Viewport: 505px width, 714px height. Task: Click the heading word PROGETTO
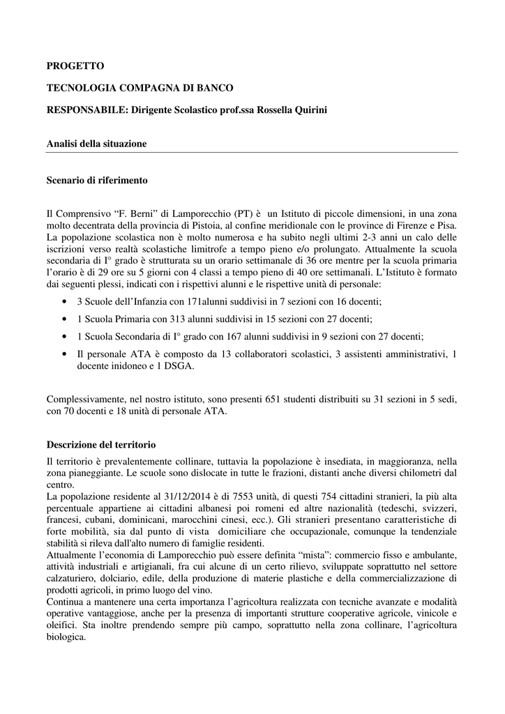75,66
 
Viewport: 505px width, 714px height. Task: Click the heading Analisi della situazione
96,144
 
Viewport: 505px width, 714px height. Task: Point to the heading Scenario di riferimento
97,180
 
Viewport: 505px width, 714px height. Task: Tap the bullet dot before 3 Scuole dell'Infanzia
64,301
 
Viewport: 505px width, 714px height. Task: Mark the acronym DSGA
179,366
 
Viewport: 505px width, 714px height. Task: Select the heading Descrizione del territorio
101,444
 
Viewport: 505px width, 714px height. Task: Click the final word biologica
66,637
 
